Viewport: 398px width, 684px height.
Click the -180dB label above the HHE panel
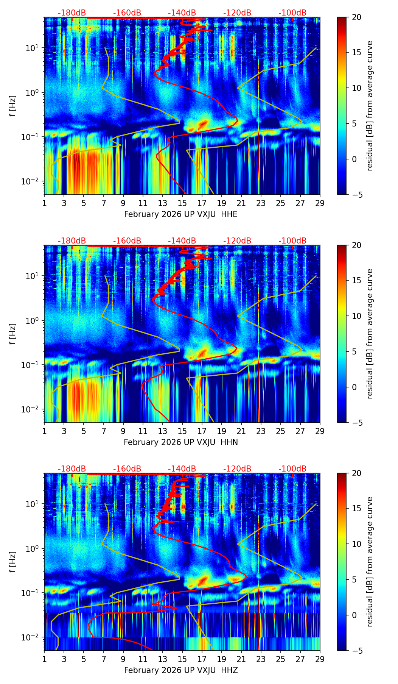(72, 13)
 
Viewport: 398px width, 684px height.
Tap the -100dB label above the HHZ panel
(292, 469)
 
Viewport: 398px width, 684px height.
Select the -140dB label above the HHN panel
(182, 241)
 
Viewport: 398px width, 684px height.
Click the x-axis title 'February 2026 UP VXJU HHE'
(181, 214)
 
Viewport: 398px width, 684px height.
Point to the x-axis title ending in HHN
(181, 442)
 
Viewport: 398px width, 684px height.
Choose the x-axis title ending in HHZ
(181, 670)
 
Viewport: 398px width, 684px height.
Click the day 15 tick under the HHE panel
(182, 203)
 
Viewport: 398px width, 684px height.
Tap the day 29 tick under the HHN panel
(320, 431)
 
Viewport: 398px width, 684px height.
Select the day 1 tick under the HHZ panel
(45, 659)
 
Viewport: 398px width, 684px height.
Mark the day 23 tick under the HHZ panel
(261, 659)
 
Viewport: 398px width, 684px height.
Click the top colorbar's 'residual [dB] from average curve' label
(370, 106)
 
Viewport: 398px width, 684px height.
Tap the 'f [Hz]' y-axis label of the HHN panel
(13, 334)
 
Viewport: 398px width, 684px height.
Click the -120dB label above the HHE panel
(237, 13)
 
